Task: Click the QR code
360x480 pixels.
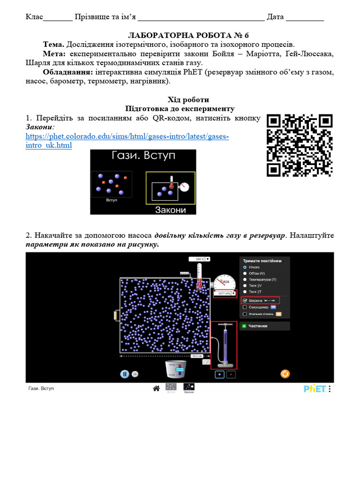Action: pos(300,145)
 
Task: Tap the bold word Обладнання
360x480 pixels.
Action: pos(68,72)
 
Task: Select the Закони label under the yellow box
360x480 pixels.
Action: pos(170,210)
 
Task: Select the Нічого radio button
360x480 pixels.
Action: pos(245,267)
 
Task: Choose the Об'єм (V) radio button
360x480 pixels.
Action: pos(245,273)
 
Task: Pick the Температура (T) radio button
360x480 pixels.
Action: pos(245,279)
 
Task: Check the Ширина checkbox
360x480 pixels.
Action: pos(245,300)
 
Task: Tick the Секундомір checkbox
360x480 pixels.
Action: pos(245,307)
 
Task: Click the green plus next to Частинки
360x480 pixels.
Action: pos(244,326)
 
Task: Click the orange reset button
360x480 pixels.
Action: pos(285,374)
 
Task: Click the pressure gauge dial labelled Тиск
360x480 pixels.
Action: pos(222,282)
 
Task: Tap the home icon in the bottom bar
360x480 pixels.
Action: pos(157,388)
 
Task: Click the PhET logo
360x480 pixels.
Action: pos(315,389)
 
